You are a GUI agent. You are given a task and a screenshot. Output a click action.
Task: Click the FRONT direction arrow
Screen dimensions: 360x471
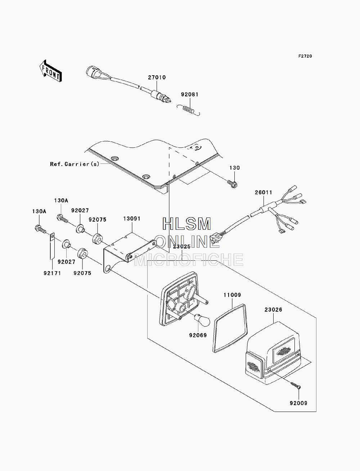tap(51, 71)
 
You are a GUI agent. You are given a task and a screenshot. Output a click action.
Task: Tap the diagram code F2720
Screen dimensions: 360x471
tap(305, 56)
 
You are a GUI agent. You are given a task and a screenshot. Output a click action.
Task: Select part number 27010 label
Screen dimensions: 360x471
tap(157, 77)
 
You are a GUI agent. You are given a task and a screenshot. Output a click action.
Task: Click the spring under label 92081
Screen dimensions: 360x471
tap(188, 110)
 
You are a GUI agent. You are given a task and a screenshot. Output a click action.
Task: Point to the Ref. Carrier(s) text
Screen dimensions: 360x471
tap(75, 164)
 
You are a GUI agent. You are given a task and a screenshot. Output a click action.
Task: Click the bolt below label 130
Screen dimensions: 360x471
tap(232, 184)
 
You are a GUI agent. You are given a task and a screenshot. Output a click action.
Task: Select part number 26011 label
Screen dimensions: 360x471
tap(264, 193)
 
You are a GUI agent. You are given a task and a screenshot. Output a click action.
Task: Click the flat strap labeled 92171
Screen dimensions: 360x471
tap(52, 246)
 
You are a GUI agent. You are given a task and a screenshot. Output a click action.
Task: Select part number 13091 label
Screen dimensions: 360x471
tap(132, 219)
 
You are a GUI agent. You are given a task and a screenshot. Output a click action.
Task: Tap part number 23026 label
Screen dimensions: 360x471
tap(273, 310)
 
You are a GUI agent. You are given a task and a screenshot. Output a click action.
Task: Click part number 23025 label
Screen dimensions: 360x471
tap(182, 247)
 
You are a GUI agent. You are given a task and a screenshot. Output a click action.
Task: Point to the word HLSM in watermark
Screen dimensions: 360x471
tap(186, 224)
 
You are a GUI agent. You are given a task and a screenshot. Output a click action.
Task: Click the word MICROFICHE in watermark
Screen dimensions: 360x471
tap(189, 260)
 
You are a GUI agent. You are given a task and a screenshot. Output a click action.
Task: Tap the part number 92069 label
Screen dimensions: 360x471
tap(198, 335)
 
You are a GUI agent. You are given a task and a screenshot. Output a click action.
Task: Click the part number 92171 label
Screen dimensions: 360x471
tap(52, 273)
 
